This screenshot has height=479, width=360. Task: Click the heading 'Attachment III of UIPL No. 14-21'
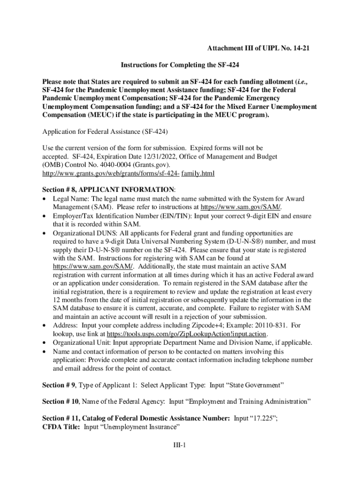click(259, 49)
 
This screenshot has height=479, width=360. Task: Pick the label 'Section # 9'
click(59, 385)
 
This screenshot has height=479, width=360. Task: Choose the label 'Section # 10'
click(61, 401)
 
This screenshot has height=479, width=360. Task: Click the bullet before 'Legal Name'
click(44, 199)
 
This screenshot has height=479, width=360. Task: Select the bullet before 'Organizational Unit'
click(44, 343)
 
